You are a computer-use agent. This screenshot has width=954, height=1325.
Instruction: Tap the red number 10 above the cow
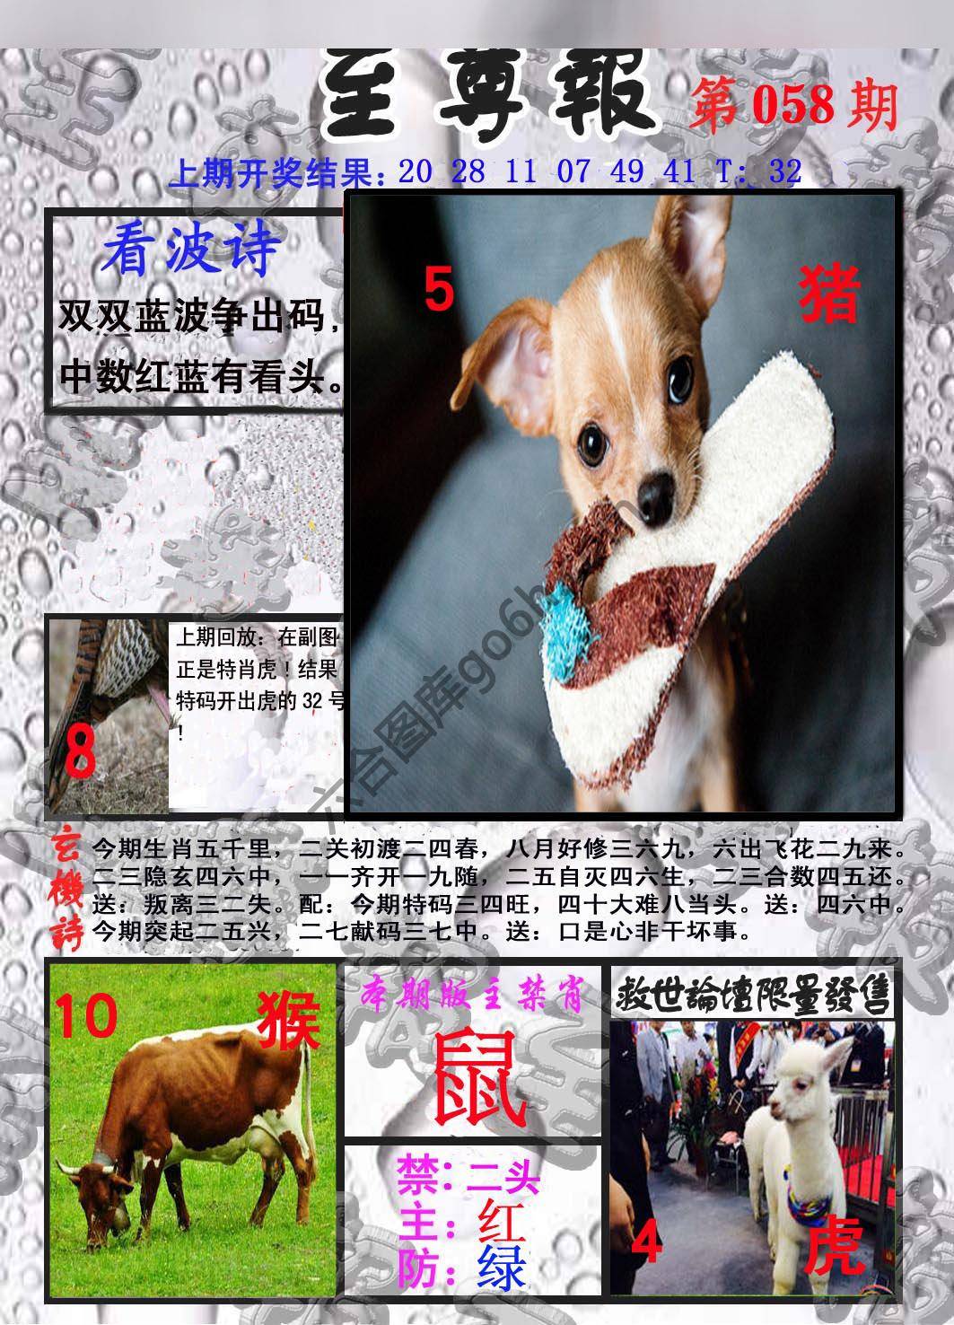coord(87,1014)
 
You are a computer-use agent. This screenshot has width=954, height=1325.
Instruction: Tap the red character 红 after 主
coord(502,1219)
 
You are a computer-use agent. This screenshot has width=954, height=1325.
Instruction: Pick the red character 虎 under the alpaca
coord(834,1250)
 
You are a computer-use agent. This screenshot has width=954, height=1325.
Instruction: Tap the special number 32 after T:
coord(784,171)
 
